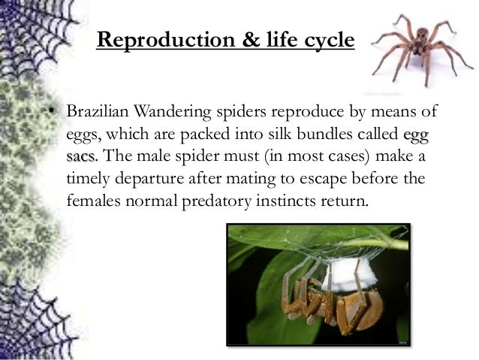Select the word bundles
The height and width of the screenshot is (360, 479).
click(x=333, y=136)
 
